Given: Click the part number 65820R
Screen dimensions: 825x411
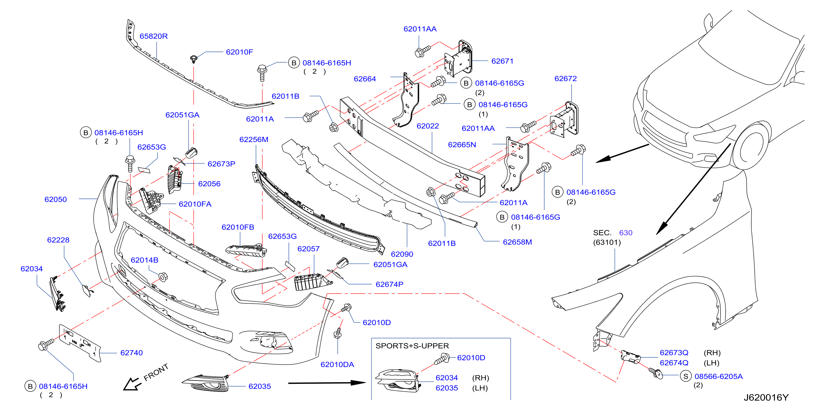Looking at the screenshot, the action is click(153, 36).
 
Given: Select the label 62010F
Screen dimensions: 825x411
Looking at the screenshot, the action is click(239, 52).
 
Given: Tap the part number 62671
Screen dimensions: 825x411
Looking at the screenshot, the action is click(502, 61).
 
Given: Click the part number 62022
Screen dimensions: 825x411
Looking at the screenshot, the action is click(428, 126).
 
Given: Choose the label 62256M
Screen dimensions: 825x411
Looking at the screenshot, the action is click(254, 140).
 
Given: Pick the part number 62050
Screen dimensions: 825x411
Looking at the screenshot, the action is click(55, 199).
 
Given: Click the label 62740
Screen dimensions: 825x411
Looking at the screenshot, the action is click(131, 353).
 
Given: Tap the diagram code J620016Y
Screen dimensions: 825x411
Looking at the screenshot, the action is click(766, 397).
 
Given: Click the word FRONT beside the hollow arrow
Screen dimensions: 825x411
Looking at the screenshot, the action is click(156, 372).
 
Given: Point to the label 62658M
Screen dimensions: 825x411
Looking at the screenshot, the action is click(517, 242).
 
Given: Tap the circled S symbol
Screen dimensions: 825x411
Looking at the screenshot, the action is click(686, 376).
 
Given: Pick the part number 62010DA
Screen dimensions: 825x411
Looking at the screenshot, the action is click(337, 365).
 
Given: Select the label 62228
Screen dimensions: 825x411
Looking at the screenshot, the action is click(58, 240).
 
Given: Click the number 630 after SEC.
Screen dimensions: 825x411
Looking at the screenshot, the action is click(626, 233).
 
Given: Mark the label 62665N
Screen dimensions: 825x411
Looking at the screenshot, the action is click(462, 145).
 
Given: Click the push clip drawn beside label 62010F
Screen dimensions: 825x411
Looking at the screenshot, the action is click(194, 59).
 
